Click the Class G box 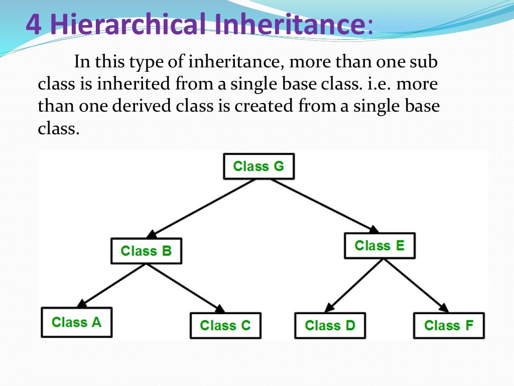(x=259, y=166)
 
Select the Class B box (x=146, y=251)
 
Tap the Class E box (x=379, y=246)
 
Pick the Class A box (x=76, y=322)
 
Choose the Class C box (x=225, y=326)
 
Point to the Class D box (x=330, y=326)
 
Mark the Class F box (x=449, y=326)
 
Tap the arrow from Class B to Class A (x=111, y=285)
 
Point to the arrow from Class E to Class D (x=354, y=285)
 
